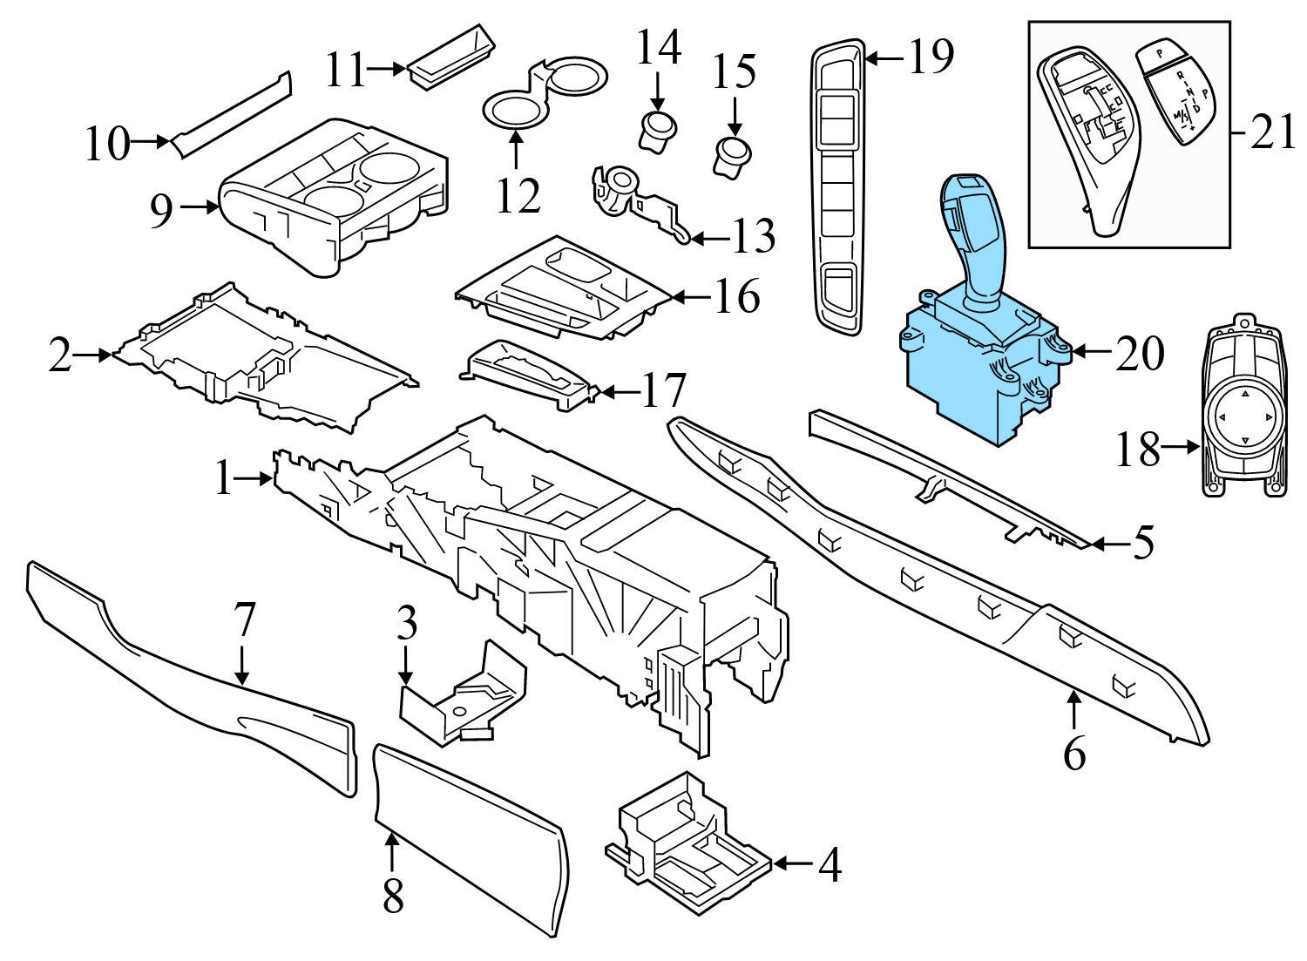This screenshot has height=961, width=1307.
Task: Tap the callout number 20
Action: [x=1140, y=354]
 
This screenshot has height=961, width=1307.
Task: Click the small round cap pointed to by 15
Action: [x=732, y=156]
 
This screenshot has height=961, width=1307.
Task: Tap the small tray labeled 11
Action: [x=451, y=58]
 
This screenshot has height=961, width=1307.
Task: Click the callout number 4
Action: [x=830, y=865]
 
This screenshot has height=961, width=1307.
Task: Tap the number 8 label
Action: [x=393, y=896]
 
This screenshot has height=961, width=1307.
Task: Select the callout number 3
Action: [x=407, y=623]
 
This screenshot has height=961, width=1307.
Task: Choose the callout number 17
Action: [x=662, y=390]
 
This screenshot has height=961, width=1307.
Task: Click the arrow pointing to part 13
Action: [x=710, y=238]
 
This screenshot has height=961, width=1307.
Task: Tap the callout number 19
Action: [x=931, y=57]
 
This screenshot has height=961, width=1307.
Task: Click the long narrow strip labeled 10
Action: [x=232, y=114]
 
